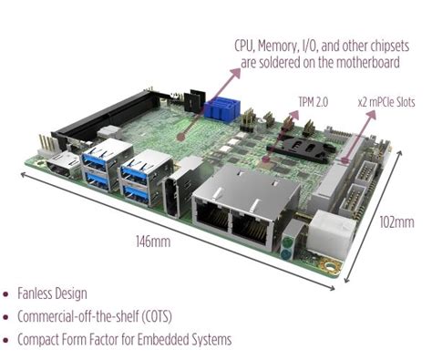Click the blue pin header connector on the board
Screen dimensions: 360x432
[222, 110]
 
